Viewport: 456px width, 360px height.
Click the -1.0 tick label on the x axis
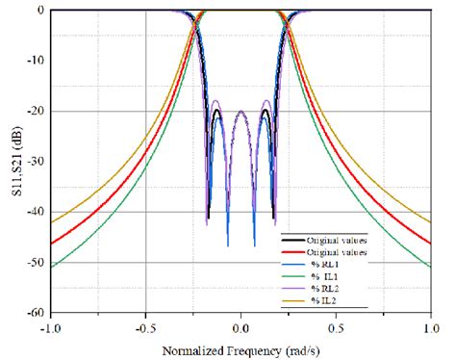pos(51,326)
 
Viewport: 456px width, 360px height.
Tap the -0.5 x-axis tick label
pos(145,326)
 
